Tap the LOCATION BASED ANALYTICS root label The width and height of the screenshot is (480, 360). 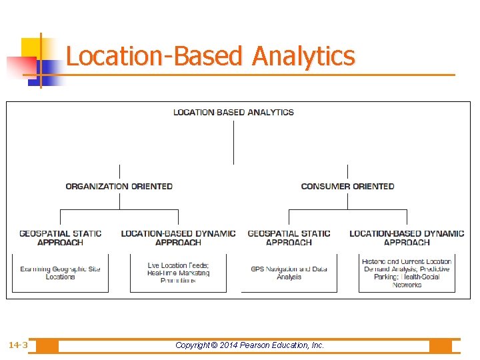tap(233, 112)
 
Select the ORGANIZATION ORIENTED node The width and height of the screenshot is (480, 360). tap(119, 187)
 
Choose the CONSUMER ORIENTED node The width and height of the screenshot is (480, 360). tap(347, 187)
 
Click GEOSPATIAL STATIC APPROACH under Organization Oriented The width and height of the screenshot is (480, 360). tap(61, 238)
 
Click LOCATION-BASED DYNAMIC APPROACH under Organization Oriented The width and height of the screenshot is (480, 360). tap(178, 238)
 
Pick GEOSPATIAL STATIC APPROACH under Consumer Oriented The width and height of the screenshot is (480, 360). tap(289, 238)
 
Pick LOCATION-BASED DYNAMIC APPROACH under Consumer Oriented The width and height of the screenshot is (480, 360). tap(407, 238)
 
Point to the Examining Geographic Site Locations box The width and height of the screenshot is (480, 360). tap(61, 273)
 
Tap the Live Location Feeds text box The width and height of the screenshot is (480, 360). tap(178, 273)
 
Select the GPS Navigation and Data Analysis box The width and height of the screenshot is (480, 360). tap(289, 273)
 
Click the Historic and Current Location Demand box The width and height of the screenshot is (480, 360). tap(407, 273)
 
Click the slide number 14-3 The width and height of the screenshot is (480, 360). tap(18, 345)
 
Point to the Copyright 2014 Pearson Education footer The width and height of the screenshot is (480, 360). tap(249, 345)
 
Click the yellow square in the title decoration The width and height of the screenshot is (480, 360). tap(31, 48)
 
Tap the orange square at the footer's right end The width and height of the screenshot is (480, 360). tap(441, 346)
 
